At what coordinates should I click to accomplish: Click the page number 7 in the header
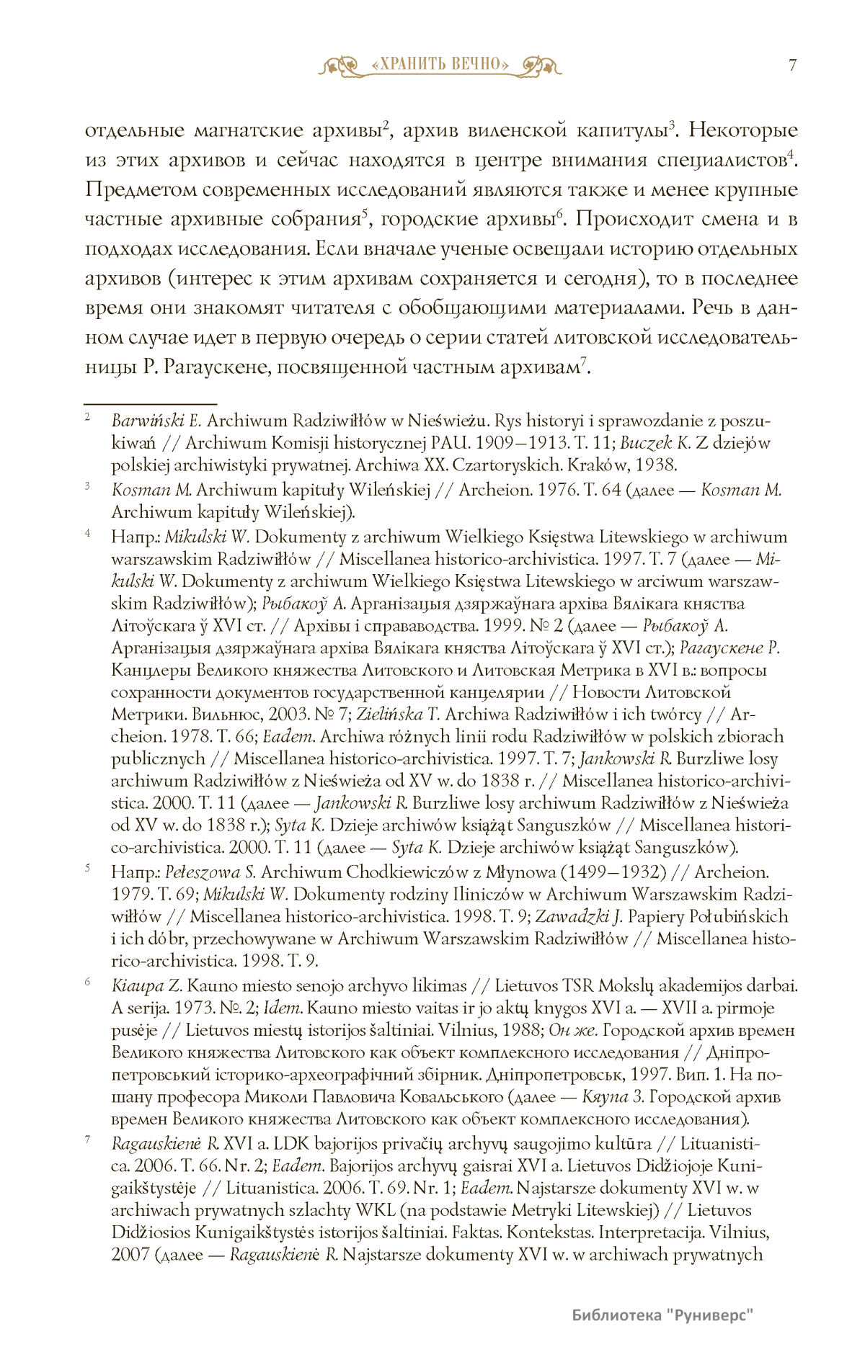point(792,66)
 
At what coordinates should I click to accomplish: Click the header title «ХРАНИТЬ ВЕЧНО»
point(440,65)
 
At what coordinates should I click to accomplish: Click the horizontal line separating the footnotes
point(151,405)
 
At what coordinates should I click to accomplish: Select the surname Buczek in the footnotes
point(646,443)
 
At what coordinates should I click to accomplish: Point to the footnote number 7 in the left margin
point(87,1140)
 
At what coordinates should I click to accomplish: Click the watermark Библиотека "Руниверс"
point(662,1315)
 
